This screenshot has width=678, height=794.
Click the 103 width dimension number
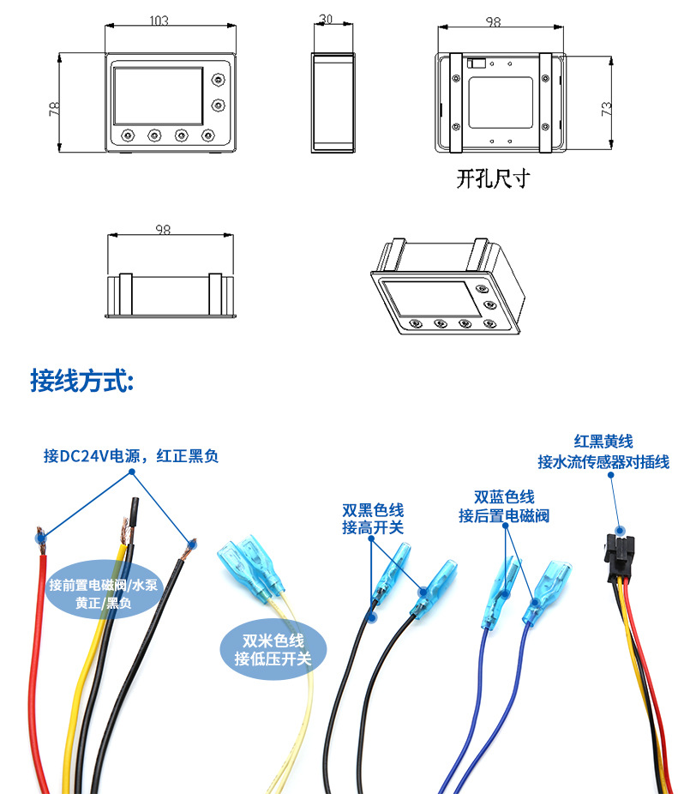[159, 21]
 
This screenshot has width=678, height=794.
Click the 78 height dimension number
[54, 109]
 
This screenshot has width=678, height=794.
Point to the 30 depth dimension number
[326, 19]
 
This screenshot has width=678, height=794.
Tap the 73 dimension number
[606, 109]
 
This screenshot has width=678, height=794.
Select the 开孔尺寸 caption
[493, 178]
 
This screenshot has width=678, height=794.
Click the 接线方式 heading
[82, 381]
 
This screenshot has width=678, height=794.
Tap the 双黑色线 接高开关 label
[373, 519]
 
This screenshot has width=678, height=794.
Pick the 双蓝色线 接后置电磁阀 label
[504, 506]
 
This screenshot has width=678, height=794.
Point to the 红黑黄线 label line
[603, 441]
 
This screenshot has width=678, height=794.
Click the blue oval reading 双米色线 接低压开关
[273, 650]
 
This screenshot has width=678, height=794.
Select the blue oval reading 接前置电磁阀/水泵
[104, 589]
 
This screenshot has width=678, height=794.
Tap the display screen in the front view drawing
[158, 96]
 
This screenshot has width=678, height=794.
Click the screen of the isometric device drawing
[431, 298]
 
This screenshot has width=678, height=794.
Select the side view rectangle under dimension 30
[333, 102]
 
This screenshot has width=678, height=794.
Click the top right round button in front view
[219, 80]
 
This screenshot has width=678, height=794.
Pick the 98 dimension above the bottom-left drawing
[163, 230]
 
